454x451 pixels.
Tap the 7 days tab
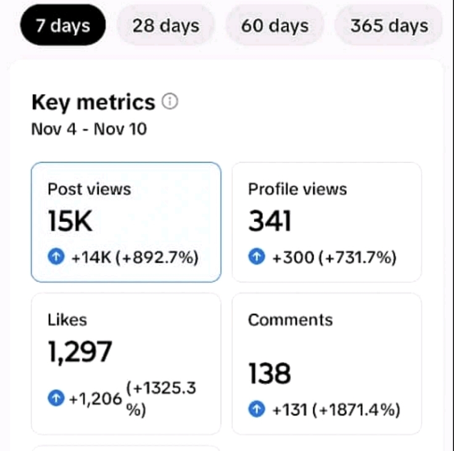[63, 26]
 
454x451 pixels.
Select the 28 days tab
[166, 26]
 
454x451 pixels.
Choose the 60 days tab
[275, 26]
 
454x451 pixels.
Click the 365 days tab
[389, 26]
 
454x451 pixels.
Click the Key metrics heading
[93, 102]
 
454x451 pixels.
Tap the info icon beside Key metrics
[170, 101]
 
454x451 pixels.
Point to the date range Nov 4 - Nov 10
[89, 129]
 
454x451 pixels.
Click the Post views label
[89, 189]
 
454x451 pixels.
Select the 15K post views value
[70, 222]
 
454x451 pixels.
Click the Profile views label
[298, 189]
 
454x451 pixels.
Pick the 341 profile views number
[269, 222]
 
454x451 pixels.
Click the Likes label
[67, 320]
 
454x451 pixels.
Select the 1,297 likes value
[80, 352]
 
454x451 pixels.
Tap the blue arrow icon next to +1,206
[56, 398]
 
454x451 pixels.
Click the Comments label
[290, 320]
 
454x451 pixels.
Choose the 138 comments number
[269, 374]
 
